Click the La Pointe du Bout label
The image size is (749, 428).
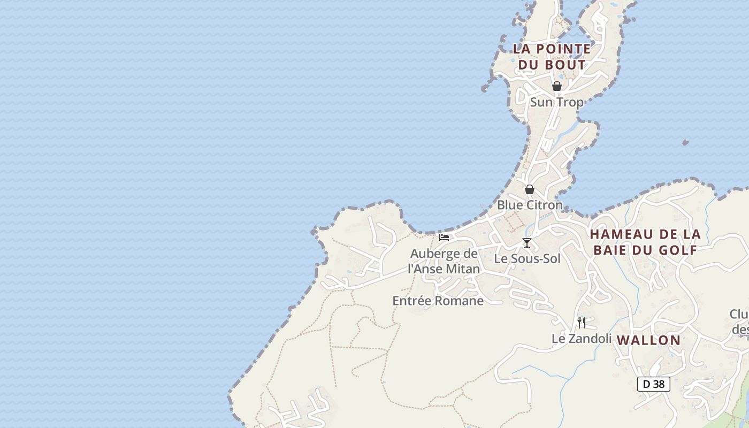(x=552, y=57)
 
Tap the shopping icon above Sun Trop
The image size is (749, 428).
(x=556, y=86)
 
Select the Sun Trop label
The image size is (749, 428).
(x=556, y=102)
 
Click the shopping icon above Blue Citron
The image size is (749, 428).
(x=530, y=189)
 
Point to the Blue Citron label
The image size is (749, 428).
(x=530, y=205)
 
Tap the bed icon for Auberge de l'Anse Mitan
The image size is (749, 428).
(x=444, y=237)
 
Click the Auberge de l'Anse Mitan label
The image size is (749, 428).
(x=444, y=261)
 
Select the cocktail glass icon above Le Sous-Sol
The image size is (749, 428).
(x=527, y=243)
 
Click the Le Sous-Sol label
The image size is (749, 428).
(x=527, y=259)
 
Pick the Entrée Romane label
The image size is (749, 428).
(x=438, y=301)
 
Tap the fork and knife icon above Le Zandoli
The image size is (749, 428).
(x=582, y=322)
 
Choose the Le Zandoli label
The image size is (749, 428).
(x=581, y=339)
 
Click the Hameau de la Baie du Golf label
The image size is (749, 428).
(x=645, y=242)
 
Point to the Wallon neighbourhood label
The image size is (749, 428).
(x=648, y=340)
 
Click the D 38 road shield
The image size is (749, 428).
(x=654, y=384)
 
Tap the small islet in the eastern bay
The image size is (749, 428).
(x=685, y=143)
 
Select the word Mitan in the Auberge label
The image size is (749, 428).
(x=462, y=269)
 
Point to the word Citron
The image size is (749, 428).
(x=545, y=205)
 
